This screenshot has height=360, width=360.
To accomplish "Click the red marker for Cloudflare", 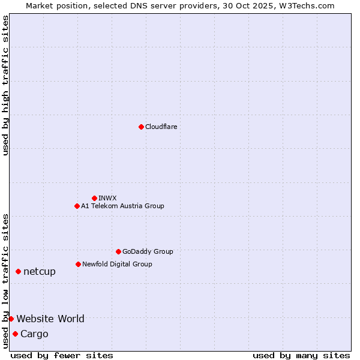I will click(x=141, y=127).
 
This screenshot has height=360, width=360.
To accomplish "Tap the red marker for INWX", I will click(x=94, y=198).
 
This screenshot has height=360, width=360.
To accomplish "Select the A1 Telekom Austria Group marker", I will click(x=77, y=206).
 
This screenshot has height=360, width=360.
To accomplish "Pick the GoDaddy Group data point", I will click(x=118, y=251).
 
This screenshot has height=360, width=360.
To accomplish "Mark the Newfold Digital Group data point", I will click(x=78, y=264).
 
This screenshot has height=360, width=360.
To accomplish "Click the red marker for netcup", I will click(x=18, y=272).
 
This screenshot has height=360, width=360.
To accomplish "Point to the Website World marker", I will click(x=11, y=319).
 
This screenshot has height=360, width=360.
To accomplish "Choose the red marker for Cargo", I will click(x=15, y=334).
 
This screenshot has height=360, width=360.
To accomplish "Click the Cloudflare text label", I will click(x=161, y=127).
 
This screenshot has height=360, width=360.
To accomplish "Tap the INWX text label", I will click(x=107, y=198).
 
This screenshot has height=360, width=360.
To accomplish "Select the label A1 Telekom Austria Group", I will click(x=122, y=206).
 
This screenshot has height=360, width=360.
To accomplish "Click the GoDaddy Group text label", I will click(x=148, y=251).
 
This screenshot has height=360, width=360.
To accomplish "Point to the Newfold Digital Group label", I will click(x=117, y=264).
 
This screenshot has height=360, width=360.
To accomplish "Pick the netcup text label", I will click(x=40, y=272).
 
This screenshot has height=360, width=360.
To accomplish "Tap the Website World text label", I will click(x=50, y=319).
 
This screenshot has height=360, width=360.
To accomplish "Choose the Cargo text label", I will click(x=34, y=334).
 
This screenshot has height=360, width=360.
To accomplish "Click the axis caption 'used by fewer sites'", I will click(x=62, y=355).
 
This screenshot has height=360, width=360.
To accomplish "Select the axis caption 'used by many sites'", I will click(x=301, y=355).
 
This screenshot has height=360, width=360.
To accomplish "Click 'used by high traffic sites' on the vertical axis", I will click(x=5, y=85).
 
